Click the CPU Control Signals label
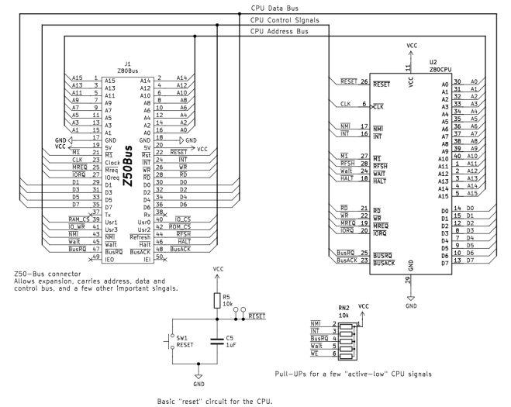pyautogui.click(x=284, y=19)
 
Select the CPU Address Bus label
pyautogui.click(x=279, y=32)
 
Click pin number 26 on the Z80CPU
pyautogui.click(x=364, y=81)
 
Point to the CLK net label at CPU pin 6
pyautogui.click(x=345, y=103)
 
